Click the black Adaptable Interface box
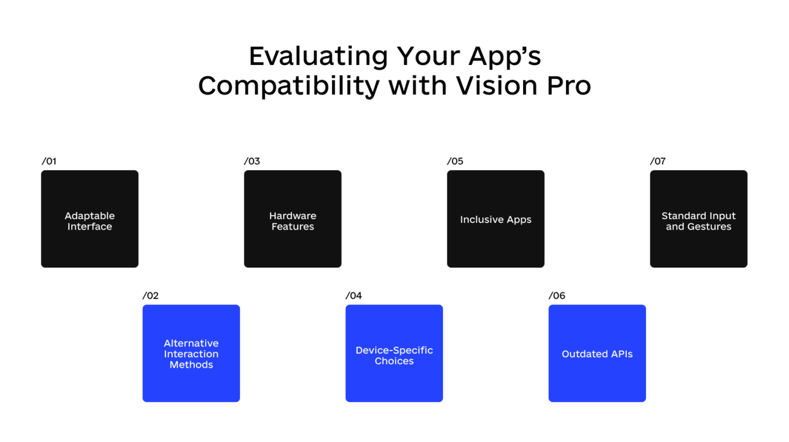coord(90,219)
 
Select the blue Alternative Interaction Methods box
coord(191,353)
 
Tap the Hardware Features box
coord(293,219)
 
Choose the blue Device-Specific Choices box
coord(394,353)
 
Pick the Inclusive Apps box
coord(496,219)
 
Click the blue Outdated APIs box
coord(597,353)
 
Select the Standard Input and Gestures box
coord(699,219)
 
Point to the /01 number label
coord(49,161)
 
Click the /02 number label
coord(151,296)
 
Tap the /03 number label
coord(252,161)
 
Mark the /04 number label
coord(354,296)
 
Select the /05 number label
coord(455,161)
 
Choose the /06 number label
coord(557,296)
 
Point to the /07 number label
coord(658,161)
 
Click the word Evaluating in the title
coord(318,57)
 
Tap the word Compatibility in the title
coord(289,86)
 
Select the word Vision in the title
coord(497,86)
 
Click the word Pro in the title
coord(569,86)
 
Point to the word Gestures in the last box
coord(709,227)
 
